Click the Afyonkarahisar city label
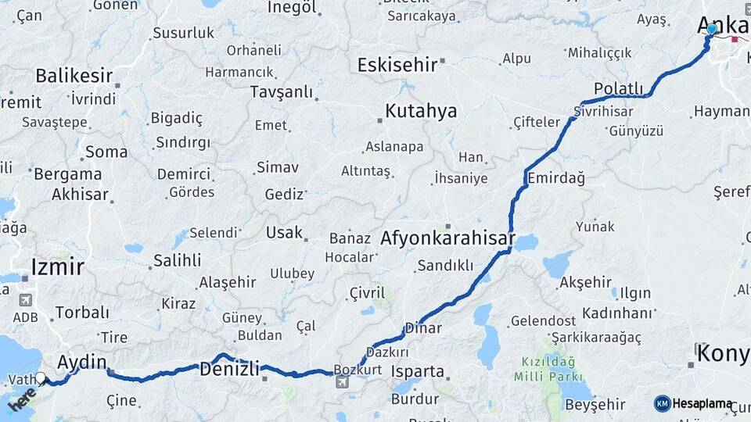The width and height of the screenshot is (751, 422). (x=447, y=238)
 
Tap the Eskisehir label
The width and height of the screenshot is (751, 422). (x=397, y=65)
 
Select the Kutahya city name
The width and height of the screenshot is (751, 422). (x=421, y=111)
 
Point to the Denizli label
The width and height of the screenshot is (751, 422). (x=229, y=368)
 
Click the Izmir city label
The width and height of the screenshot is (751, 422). (x=57, y=267)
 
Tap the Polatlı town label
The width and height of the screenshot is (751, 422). (x=618, y=88)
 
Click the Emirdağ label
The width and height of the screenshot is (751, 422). (x=556, y=178)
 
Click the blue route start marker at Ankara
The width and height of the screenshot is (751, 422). (x=711, y=29)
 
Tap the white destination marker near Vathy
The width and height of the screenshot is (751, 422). (x=40, y=378)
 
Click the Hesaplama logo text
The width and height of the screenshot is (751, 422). (x=702, y=404)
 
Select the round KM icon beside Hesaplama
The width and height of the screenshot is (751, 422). (x=662, y=403)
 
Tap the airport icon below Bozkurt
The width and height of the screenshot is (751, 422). (x=342, y=382)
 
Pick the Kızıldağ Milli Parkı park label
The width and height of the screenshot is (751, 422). (x=544, y=370)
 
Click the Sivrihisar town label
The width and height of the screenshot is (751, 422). (x=603, y=111)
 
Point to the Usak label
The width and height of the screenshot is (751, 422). (x=278, y=233)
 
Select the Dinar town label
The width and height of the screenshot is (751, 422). (x=423, y=328)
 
